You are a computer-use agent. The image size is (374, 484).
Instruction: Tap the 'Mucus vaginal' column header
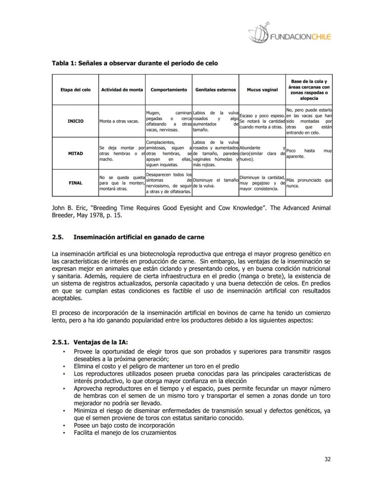[x=262, y=89]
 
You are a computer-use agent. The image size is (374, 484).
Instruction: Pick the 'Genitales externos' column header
[x=215, y=89]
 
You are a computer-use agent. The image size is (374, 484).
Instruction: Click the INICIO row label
[x=75, y=121]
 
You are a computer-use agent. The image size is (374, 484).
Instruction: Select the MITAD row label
[x=75, y=153]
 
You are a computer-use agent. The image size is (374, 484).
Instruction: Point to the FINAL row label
[x=75, y=183]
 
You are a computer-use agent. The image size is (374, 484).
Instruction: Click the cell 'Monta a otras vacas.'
[x=119, y=121]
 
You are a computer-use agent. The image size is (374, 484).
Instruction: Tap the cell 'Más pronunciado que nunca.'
[x=309, y=183]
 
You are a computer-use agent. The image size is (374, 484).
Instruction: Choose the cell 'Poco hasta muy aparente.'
[x=309, y=153]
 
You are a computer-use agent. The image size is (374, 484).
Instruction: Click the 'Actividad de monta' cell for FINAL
[x=121, y=183]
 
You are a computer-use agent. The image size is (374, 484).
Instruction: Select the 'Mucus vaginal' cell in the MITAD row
[x=262, y=153]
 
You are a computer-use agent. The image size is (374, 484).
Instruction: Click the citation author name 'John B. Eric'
[x=70, y=208]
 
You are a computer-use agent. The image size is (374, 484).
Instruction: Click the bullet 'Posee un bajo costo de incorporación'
[x=124, y=425]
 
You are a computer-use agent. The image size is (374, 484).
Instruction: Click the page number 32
[x=327, y=460]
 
